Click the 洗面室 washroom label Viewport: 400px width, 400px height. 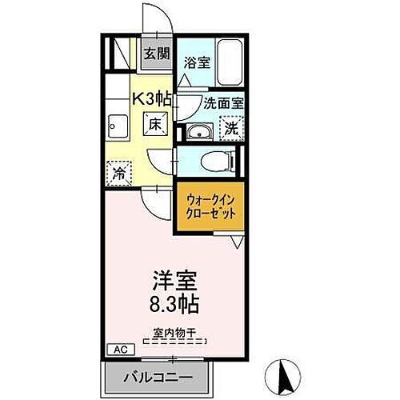(212, 103)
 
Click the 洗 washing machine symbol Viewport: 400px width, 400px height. (230, 128)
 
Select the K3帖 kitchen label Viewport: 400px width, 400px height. (149, 99)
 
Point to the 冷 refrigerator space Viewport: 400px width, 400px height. (118, 172)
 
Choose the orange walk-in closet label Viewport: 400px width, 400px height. (209, 208)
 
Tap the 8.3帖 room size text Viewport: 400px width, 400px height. (171, 305)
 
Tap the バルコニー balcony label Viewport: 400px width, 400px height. (158, 377)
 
